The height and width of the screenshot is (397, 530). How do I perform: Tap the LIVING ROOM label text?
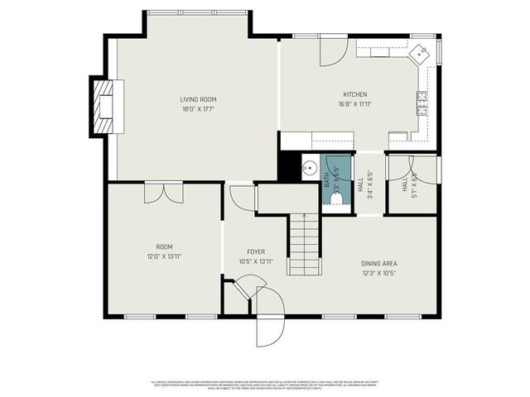click(x=198, y=99)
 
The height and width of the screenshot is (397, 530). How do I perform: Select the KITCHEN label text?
click(x=354, y=94)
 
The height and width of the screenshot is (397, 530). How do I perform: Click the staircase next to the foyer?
click(x=304, y=243)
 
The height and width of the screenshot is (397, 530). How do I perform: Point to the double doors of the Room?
click(x=164, y=193)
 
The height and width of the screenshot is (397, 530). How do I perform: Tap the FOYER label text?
click(x=255, y=251)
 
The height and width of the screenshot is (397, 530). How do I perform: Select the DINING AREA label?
click(x=378, y=264)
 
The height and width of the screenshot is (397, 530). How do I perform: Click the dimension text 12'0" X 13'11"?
click(x=164, y=256)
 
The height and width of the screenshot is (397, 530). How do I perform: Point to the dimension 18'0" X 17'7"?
click(x=198, y=108)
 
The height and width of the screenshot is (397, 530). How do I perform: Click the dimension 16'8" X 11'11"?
click(x=354, y=104)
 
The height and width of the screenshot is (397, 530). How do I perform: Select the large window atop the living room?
click(x=197, y=12)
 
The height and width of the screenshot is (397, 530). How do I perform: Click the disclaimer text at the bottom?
click(x=265, y=384)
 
